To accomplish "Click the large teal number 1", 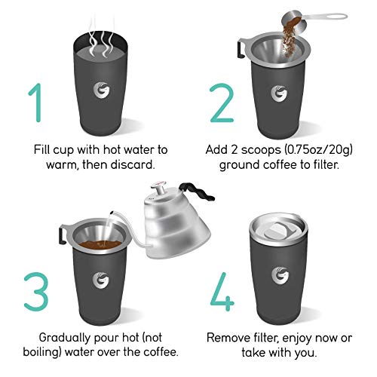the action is coord(37,103).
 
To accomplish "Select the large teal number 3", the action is coord(37,292).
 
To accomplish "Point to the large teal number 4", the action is coord(222,292).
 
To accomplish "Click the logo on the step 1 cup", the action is coord(101,90).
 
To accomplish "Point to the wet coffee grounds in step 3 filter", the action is coord(100,244).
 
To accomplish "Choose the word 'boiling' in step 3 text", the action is coord(42,352).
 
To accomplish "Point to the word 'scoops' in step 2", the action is coord(261,150).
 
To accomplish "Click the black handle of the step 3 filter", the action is coord(62,234).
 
